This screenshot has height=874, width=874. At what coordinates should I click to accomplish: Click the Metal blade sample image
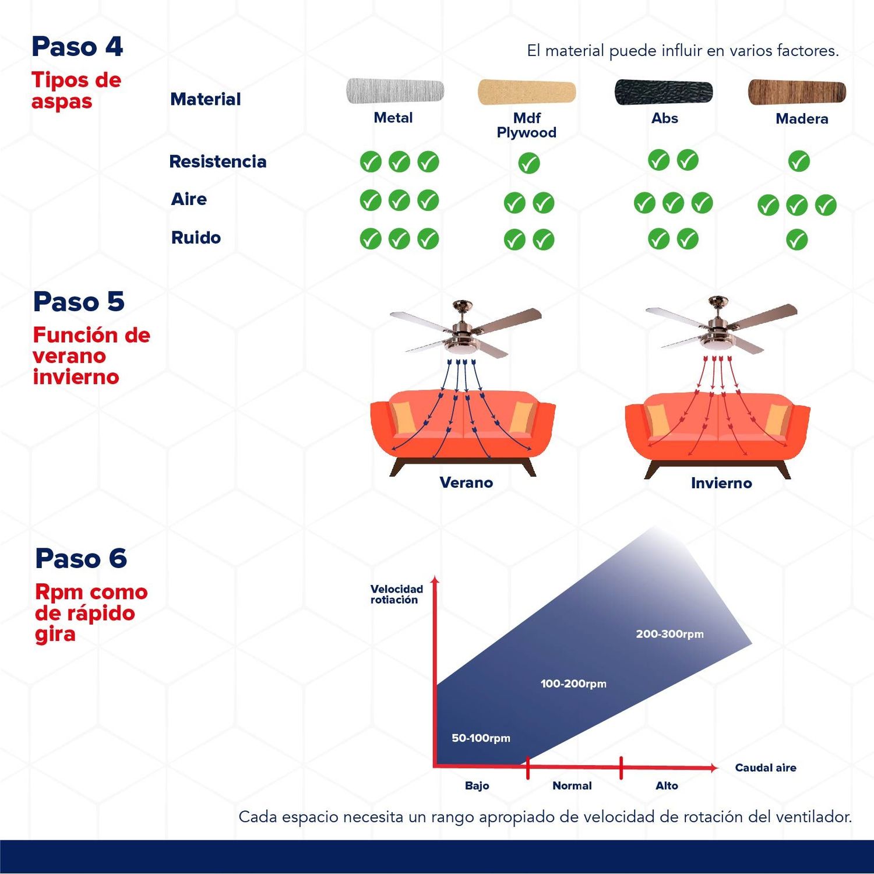[395, 91]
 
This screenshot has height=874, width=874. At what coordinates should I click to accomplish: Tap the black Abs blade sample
[664, 92]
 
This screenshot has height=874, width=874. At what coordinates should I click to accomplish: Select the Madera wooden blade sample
[797, 92]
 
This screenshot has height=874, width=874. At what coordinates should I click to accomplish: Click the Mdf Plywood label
[527, 125]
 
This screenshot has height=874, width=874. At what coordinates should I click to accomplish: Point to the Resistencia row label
[218, 161]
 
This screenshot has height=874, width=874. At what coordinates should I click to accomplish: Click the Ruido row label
[196, 238]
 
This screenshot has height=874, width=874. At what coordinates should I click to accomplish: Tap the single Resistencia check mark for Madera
[799, 161]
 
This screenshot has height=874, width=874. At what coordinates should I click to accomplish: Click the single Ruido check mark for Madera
[797, 239]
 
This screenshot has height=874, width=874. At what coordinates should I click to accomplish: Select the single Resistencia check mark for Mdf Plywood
[529, 163]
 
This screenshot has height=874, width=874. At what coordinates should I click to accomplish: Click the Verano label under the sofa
[466, 482]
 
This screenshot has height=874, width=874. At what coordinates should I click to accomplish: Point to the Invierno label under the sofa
[721, 483]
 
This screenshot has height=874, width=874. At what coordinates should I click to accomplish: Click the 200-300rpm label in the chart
[670, 634]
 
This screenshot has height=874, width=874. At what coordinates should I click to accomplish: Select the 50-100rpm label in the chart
[481, 738]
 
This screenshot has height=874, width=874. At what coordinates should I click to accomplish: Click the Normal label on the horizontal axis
[572, 785]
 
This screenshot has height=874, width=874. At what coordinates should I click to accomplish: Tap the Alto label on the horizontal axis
[667, 785]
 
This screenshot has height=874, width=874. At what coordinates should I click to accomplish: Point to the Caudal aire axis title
[766, 767]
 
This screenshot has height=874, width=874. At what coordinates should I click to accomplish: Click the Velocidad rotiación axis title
[397, 594]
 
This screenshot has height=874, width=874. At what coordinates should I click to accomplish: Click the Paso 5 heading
[79, 302]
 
